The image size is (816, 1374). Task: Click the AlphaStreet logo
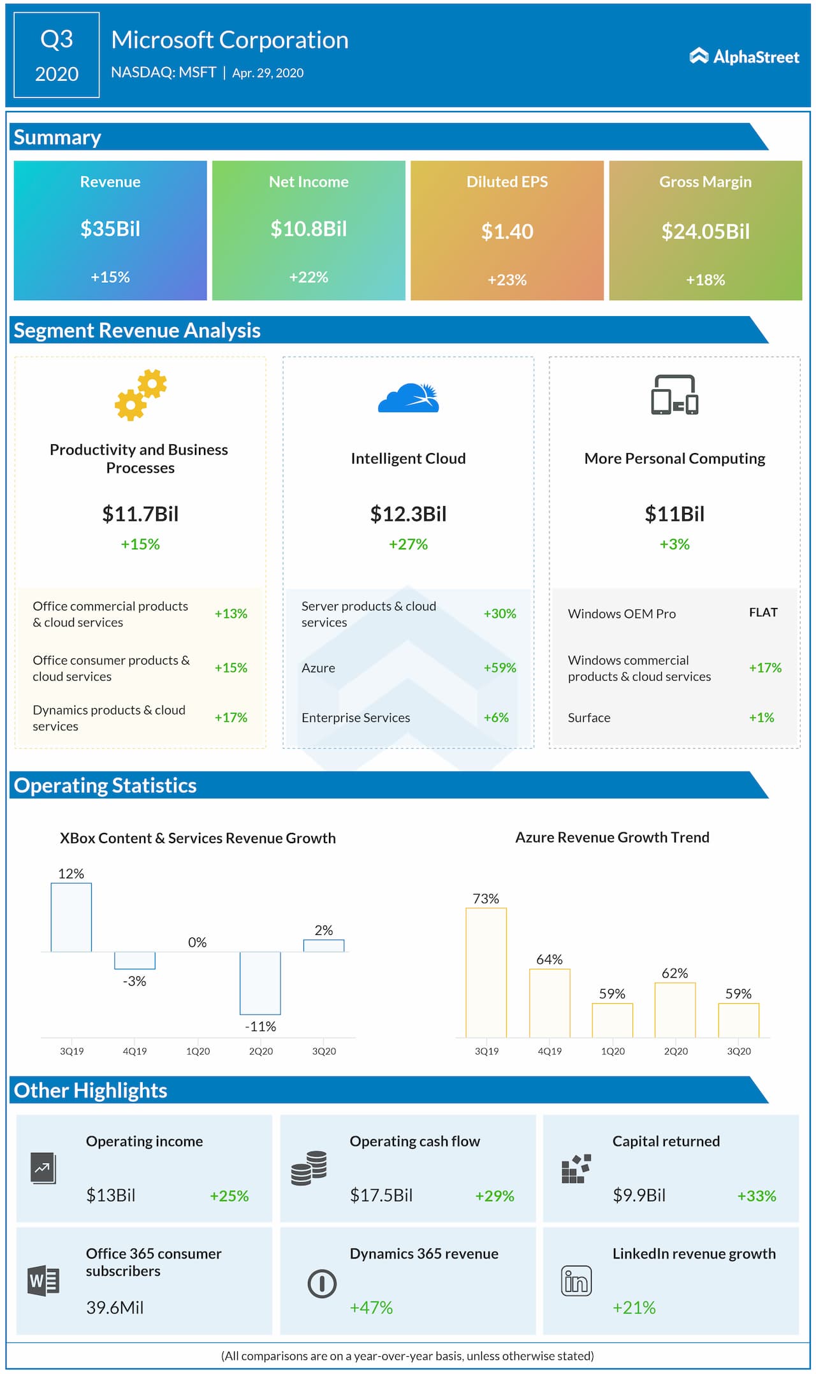point(744,57)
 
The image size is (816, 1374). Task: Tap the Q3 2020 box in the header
point(57,55)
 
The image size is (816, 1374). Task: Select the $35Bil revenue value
point(110,229)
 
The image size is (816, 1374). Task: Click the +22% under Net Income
point(309,277)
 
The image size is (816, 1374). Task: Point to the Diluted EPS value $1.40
point(507,231)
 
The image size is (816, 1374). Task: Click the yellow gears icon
point(140,395)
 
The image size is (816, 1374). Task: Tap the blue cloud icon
point(409,398)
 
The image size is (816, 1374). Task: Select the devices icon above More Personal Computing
point(674,395)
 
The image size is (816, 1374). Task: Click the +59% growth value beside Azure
point(499,668)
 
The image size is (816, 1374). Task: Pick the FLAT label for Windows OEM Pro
point(763,612)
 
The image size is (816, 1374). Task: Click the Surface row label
point(589,718)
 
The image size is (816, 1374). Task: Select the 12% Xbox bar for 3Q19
point(71,917)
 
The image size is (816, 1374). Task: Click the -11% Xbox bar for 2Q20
point(260,983)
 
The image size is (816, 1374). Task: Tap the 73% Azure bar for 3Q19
point(486,972)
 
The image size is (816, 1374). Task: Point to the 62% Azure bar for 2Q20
point(675,1009)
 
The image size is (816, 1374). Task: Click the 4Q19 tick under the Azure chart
point(550,1051)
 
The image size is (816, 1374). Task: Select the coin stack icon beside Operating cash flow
point(309,1168)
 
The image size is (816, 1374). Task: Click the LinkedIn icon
point(576,1281)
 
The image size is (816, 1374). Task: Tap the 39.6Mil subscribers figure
point(115,1308)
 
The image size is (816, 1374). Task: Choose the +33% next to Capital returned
point(757,1196)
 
